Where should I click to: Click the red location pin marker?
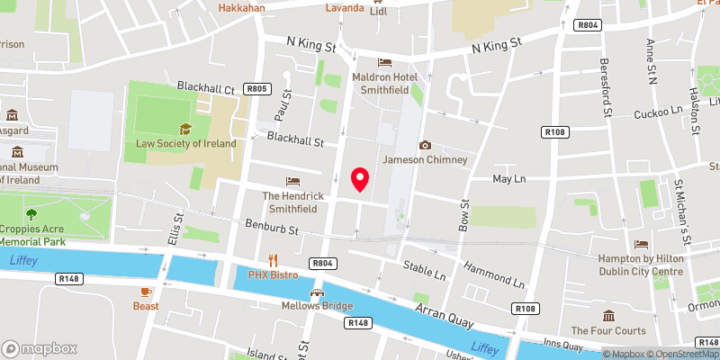[x=361, y=180]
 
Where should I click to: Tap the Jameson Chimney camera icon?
[x=425, y=145]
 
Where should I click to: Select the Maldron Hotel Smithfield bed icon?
[x=385, y=63]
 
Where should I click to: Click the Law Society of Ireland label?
[x=185, y=143]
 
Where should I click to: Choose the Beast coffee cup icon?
[x=146, y=292]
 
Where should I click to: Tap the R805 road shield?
[x=257, y=88]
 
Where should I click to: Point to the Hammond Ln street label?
[x=493, y=274]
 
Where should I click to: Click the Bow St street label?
[x=465, y=216]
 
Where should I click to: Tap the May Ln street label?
[x=509, y=180]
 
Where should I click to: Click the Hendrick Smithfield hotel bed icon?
[x=292, y=182]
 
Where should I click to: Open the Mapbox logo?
[x=39, y=348]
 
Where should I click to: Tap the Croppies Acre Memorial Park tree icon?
[x=31, y=214]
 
